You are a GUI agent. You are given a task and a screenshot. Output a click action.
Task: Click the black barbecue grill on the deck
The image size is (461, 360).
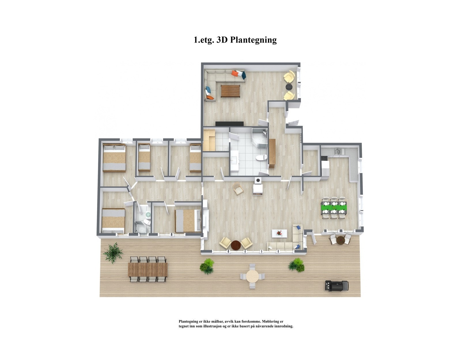[x=336, y=286]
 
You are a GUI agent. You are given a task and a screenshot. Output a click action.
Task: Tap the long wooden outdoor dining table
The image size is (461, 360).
[x=148, y=269]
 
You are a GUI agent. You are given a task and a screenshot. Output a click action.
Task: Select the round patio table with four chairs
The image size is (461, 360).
[x=252, y=276]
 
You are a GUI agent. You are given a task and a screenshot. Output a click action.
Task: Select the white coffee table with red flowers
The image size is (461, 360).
[x=279, y=233]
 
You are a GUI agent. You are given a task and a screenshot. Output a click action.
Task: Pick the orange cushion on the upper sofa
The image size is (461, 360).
[x=235, y=73]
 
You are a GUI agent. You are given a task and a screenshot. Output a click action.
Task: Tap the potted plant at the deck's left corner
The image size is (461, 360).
[x=113, y=252]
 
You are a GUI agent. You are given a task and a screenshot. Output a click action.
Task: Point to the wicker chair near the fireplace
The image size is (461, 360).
[x=238, y=189]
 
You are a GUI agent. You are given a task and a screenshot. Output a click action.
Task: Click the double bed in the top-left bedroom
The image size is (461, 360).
[x=114, y=158]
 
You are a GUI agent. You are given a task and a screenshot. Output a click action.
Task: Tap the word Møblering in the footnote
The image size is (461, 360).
[x=272, y=321]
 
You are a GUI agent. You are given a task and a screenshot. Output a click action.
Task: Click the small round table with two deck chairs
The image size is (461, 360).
[x=340, y=239]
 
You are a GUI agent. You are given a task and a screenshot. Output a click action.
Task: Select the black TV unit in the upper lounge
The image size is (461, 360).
[x=230, y=124]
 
